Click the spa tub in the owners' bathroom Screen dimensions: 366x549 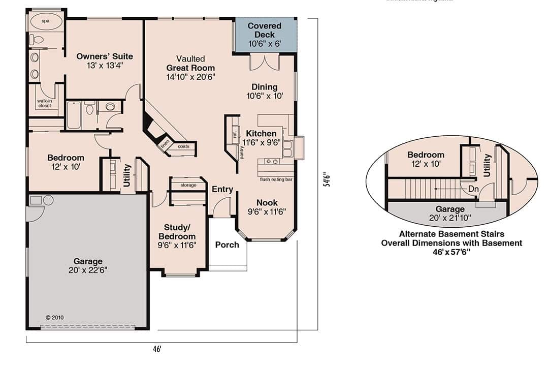point(46,22)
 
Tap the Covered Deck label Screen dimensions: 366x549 point(265,30)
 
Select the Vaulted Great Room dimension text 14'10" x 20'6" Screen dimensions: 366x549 point(190,77)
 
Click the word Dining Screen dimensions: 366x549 point(264,87)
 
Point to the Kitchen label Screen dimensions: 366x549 point(261,134)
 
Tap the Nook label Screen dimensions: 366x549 point(267,202)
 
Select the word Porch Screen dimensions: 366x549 point(227,245)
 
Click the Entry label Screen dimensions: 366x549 point(222,189)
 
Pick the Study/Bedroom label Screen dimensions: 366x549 point(177,232)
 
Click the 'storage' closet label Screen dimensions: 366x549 point(187,185)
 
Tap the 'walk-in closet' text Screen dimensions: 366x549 point(44,103)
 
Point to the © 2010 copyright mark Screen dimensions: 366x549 point(54,317)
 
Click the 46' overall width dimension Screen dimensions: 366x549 point(157,349)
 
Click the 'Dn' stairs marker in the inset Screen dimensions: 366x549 point(473,189)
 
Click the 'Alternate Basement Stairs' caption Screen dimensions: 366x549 point(451,234)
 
